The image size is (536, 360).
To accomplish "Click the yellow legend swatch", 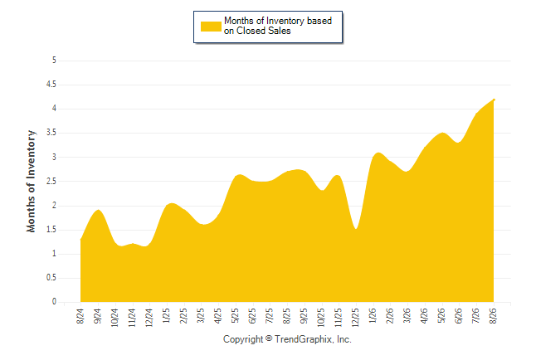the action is (x=211, y=27).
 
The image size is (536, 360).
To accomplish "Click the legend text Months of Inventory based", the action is (x=278, y=21).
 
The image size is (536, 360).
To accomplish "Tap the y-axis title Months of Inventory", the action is (x=31, y=181).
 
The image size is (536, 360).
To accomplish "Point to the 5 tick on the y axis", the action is (x=54, y=61).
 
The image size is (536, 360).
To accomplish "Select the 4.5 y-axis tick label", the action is (x=51, y=84).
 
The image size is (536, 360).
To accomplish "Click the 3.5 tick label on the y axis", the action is (x=51, y=133).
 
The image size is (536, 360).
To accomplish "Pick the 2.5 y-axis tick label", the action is (x=51, y=181).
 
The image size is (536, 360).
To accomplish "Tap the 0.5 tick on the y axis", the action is (x=51, y=278).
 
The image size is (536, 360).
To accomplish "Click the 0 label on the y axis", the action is (x=54, y=302).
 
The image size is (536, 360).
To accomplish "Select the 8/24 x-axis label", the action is (x=80, y=316).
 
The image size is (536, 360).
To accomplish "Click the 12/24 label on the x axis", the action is (x=149, y=318).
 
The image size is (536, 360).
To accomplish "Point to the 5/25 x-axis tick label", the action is (x=235, y=316).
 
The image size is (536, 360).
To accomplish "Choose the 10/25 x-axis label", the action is (x=321, y=318).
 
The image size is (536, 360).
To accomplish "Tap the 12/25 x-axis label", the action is (x=356, y=318).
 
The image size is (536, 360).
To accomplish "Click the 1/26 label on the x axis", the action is (x=373, y=316).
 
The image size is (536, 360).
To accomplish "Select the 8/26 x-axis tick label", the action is (x=494, y=316).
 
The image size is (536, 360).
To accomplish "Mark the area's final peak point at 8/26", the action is (x=494, y=100).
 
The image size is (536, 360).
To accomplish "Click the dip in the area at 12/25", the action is (x=356, y=229).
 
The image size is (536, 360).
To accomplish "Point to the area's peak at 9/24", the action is (x=99, y=210).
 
